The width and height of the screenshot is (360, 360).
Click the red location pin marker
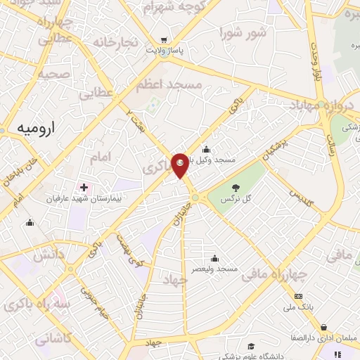[180, 164]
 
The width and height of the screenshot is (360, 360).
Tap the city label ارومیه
[34, 129]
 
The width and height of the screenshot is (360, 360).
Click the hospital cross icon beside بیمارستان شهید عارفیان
[84, 188]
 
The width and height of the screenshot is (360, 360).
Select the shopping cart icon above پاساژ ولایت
[164, 39]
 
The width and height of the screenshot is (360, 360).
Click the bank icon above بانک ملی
[299, 296]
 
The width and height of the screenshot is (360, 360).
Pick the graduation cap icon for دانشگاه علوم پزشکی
[251, 346]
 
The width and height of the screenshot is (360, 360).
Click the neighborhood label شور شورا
[243, 32]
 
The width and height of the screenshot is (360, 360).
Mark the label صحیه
[53, 73]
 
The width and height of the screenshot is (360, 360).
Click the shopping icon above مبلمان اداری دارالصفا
[323, 327]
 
